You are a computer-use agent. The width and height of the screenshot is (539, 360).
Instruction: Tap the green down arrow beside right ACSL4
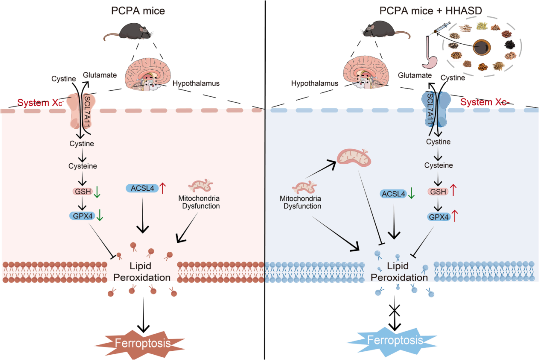pyautogui.click(x=411, y=193)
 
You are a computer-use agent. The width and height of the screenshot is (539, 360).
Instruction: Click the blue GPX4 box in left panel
pyautogui.click(x=82, y=216)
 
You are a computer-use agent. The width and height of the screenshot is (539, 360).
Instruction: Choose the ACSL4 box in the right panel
pyautogui.click(x=393, y=193)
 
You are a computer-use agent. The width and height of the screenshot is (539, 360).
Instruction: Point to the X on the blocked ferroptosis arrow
pyautogui.click(x=395, y=310)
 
